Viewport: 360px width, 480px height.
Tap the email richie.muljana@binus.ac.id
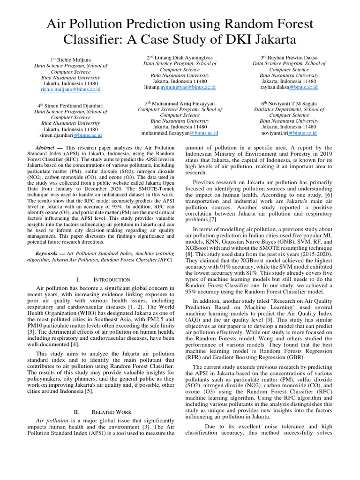click(x=70, y=89)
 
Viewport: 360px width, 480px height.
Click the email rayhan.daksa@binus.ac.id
click(x=289, y=87)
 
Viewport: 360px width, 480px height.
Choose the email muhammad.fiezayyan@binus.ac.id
click(x=180, y=133)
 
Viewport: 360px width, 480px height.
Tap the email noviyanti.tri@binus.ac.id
click(x=289, y=133)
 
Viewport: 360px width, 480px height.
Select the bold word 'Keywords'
click(x=49, y=253)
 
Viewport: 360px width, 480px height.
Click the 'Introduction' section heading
click(x=112, y=280)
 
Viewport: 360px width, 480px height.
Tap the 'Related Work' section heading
click(x=112, y=412)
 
